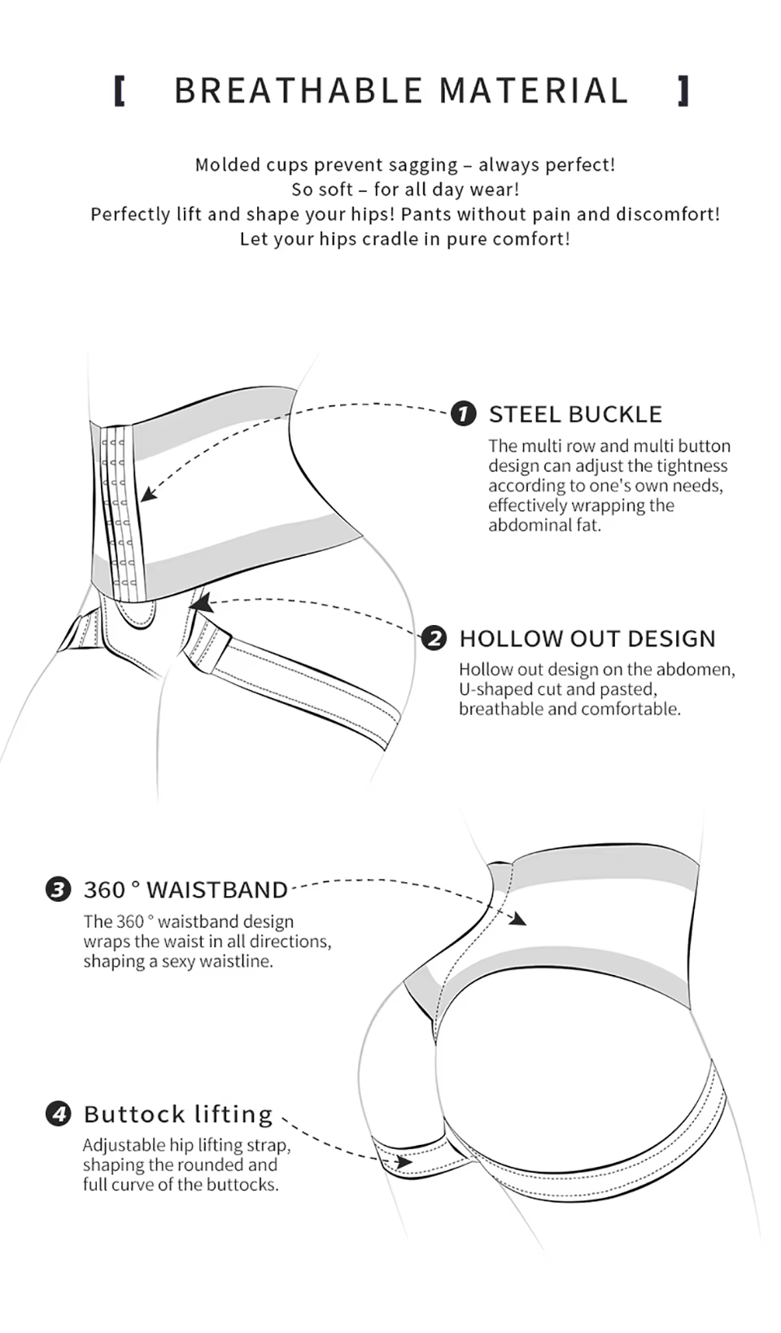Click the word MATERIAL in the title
(534, 91)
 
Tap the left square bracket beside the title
(120, 91)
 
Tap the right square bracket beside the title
(683, 91)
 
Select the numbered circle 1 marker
(463, 413)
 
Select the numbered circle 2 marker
(434, 638)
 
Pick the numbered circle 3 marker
(58, 889)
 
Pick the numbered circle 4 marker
(58, 1113)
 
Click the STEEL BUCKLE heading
(575, 414)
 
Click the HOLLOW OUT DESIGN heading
(587, 639)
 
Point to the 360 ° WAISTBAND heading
(185, 889)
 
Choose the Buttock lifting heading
(178, 1114)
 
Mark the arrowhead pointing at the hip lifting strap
(404, 1161)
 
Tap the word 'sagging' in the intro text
(423, 165)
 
